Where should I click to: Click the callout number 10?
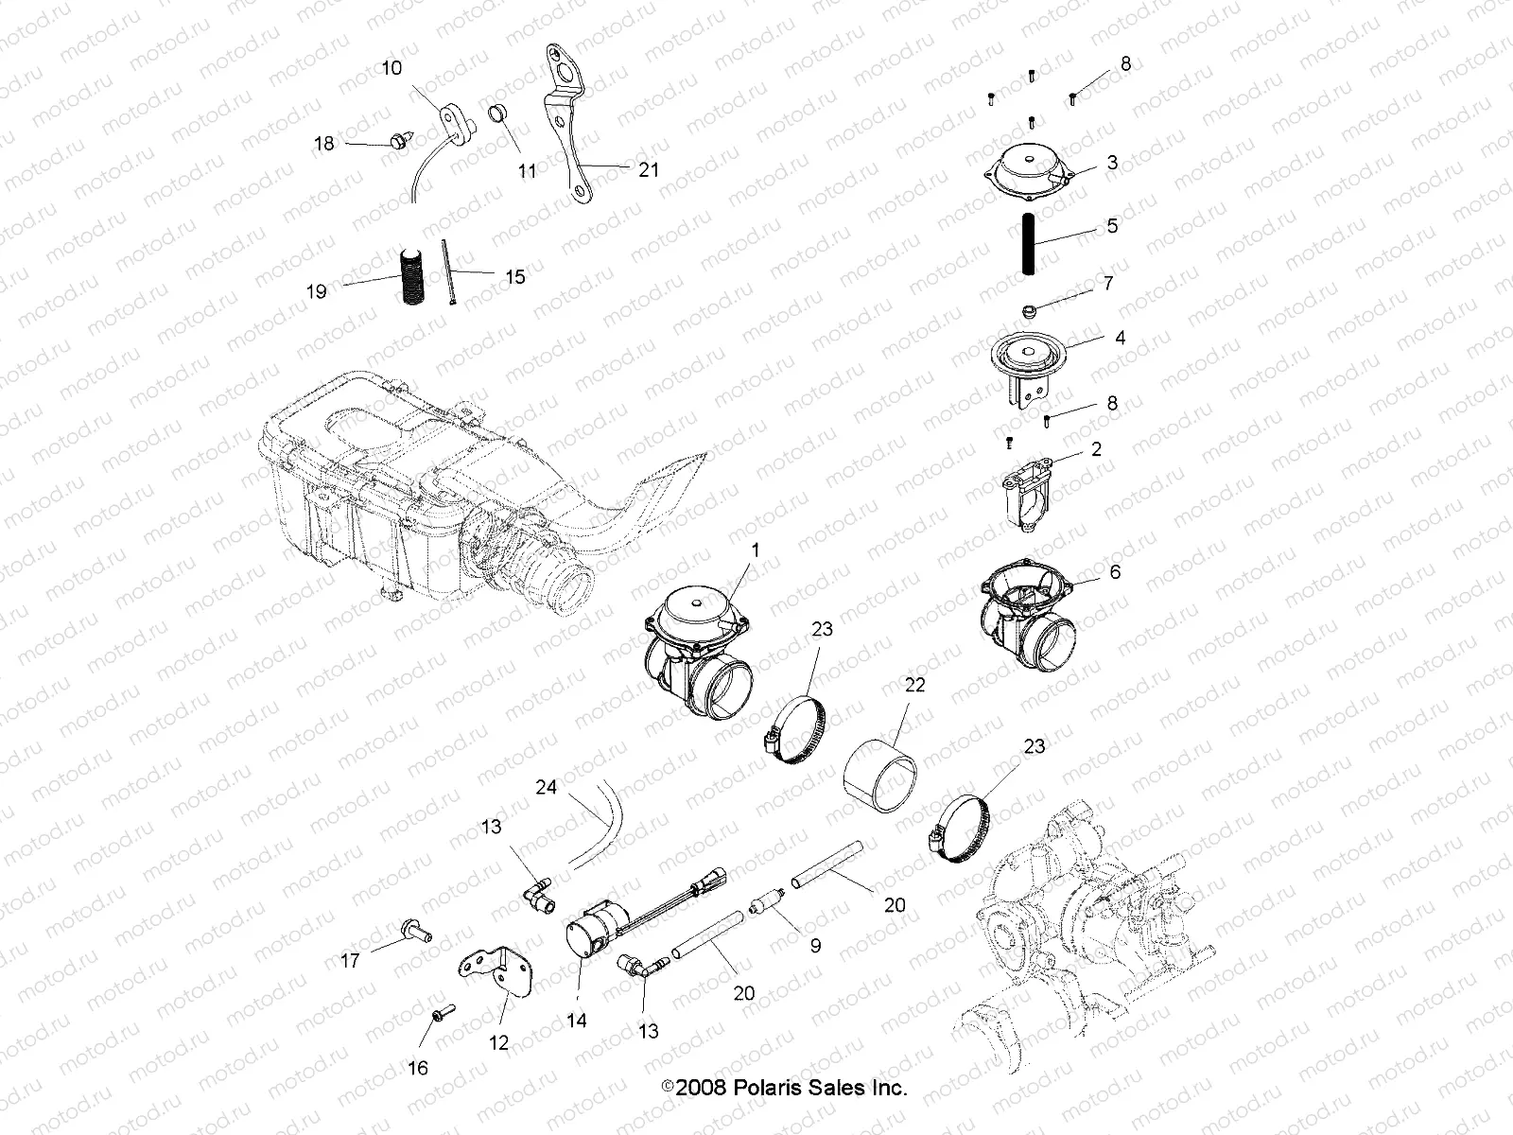(391, 68)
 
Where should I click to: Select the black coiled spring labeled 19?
(411, 275)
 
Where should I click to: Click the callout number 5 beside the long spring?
(1112, 226)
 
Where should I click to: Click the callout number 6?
(1114, 572)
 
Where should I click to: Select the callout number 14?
(577, 1021)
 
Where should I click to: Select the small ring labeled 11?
(498, 116)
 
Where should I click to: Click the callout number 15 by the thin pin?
(514, 277)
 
